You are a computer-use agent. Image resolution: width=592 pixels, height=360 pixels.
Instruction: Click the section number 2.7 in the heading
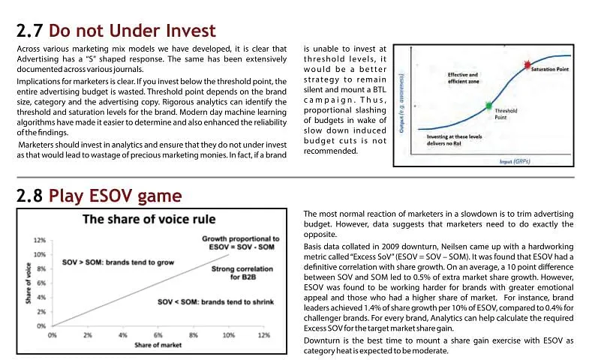click(29, 31)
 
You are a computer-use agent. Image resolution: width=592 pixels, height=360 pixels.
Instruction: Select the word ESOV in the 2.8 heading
click(110, 196)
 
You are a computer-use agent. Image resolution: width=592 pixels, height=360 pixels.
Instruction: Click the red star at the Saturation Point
click(527, 65)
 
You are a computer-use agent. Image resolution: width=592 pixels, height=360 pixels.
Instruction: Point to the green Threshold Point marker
click(488, 106)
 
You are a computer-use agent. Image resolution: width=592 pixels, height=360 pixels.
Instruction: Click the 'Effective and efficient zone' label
click(463, 78)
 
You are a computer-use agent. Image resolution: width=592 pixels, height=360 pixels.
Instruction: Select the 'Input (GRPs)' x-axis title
click(515, 161)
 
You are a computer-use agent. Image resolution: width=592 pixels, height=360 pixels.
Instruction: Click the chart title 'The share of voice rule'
click(149, 219)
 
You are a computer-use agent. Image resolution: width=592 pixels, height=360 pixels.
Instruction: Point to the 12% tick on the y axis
click(39, 241)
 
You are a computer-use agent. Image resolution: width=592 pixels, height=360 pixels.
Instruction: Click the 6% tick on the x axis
click(158, 335)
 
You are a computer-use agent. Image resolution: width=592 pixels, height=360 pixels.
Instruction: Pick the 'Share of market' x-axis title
click(158, 345)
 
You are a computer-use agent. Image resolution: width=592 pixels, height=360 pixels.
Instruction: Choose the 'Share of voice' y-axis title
click(29, 283)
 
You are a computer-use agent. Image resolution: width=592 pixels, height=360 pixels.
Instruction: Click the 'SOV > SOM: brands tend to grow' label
click(118, 262)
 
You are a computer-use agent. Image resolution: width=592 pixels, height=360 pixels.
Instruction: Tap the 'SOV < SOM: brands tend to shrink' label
click(215, 302)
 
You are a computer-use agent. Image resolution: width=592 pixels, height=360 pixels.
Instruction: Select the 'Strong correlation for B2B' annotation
click(242, 273)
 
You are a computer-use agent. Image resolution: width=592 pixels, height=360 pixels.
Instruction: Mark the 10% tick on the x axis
click(228, 335)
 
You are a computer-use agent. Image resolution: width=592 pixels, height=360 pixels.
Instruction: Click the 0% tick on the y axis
click(41, 326)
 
